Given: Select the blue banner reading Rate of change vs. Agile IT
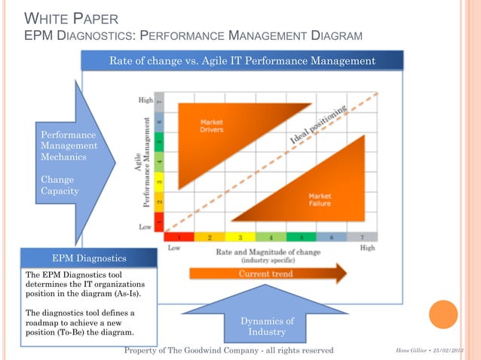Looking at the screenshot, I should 242,60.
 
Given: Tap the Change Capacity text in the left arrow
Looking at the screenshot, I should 57,185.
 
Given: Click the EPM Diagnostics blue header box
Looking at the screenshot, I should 89,258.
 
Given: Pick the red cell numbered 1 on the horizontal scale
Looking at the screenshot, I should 180,236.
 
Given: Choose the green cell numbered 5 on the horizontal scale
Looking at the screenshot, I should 299,236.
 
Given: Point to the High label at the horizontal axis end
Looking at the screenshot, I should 368,247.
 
